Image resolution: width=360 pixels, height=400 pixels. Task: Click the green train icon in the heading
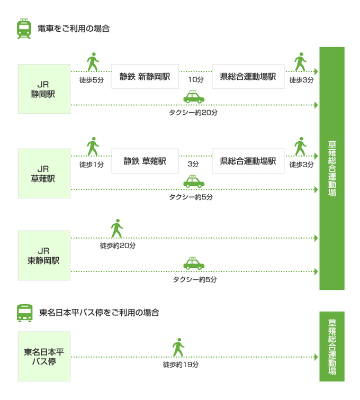24,29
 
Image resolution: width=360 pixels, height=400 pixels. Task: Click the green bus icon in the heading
24,313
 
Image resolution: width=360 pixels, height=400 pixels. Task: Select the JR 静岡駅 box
44,89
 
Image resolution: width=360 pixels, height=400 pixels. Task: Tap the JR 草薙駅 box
44,174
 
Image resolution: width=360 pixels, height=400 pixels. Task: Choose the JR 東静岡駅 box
44,256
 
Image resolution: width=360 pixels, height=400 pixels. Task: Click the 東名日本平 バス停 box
44,357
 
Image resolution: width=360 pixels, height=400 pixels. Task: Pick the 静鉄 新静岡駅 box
145,77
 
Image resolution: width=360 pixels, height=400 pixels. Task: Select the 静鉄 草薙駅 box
145,161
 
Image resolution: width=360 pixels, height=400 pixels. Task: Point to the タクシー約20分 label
193,113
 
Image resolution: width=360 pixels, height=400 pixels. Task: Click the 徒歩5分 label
92,80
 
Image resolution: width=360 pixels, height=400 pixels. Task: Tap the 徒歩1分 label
92,165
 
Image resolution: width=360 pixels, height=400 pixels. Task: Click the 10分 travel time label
196,79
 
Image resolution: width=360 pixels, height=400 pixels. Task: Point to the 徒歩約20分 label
118,246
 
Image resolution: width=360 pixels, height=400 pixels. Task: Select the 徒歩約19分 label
181,365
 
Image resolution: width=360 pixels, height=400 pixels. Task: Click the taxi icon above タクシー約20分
194,97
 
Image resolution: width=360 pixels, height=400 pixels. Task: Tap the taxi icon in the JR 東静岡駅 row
194,263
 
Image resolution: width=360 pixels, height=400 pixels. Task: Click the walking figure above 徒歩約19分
178,348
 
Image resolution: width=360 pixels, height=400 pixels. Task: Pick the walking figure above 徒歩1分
93,147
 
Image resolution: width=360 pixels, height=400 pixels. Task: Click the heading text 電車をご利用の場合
74,29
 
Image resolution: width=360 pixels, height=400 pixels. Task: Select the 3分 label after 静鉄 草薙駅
193,164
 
